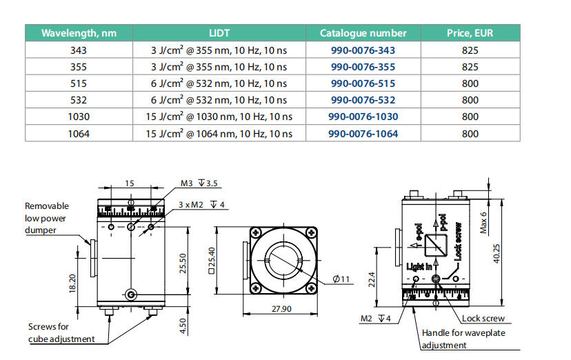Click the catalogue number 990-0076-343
point(363,50)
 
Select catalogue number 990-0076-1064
point(363,133)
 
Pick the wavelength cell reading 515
point(79,83)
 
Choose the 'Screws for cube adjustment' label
point(59,332)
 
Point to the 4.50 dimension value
point(182,323)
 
